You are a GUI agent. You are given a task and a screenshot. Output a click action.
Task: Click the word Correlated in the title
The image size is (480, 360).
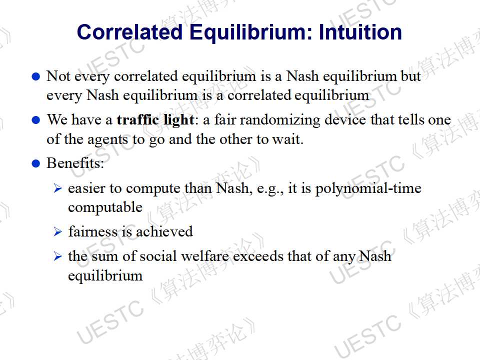pos(130,32)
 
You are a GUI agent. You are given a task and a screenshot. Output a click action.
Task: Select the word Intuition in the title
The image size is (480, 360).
pos(360,32)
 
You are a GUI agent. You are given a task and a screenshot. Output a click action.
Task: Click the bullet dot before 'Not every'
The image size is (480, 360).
pos(36,76)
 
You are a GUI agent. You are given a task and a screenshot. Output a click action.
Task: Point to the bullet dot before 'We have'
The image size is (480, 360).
pos(36,120)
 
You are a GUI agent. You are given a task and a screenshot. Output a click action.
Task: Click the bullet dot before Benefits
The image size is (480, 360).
pos(36,163)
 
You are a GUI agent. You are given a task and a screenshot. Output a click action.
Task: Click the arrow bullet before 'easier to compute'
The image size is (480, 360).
pos(57,188)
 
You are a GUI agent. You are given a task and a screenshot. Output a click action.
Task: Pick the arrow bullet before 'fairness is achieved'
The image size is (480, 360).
pos(57,231)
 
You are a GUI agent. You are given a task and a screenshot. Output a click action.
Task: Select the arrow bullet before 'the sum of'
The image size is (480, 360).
pos(57,256)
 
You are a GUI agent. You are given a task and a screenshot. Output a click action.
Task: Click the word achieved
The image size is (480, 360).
pos(164,231)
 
